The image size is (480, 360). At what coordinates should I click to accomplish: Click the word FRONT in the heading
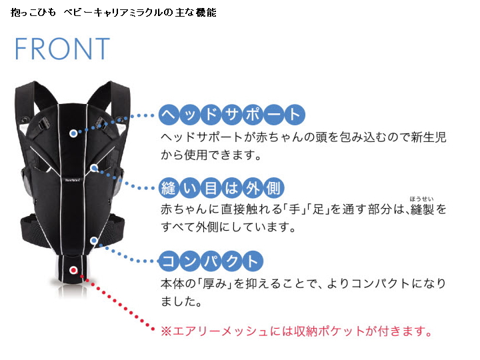click(62, 49)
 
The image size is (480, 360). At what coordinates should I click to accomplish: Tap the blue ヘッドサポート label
click(231, 115)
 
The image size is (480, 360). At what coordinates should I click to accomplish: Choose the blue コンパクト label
click(211, 260)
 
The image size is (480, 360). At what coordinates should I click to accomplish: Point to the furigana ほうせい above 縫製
click(422, 198)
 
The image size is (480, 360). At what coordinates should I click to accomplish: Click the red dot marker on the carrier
click(74, 271)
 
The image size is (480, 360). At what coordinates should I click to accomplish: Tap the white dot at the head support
click(74, 133)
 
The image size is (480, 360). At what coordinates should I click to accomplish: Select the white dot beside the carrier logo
click(95, 168)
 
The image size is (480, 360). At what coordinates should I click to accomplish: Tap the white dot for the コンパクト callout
click(95, 239)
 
